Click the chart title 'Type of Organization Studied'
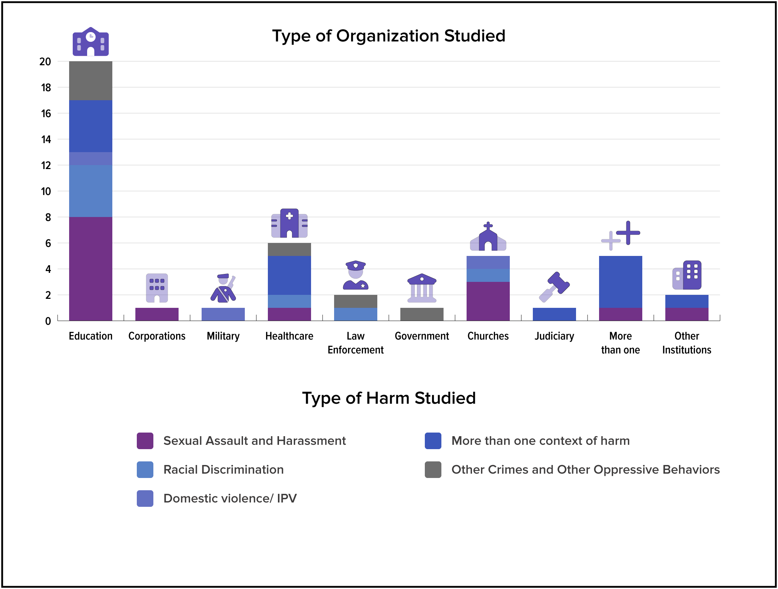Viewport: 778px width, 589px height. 389,36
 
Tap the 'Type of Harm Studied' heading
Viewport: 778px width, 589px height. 389,398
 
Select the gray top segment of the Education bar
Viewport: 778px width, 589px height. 91,81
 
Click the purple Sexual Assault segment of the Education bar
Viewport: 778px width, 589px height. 91,269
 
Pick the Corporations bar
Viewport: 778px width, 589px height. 157,314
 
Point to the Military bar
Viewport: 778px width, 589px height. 223,314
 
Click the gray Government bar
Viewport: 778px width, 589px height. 422,314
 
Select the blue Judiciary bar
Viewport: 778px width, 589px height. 554,314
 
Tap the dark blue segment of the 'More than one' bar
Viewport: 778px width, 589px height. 621,282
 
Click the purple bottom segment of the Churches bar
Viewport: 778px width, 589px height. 488,301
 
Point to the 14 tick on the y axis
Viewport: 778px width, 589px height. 46,139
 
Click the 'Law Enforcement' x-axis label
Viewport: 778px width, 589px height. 356,343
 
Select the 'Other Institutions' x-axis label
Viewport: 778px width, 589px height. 687,343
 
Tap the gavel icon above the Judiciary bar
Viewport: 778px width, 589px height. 554,287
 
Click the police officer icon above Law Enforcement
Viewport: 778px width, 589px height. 356,275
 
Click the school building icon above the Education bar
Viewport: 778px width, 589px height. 91,41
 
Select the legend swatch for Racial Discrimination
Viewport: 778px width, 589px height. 145,470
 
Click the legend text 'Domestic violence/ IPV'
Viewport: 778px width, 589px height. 230,499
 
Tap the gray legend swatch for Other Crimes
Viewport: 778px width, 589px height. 433,470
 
